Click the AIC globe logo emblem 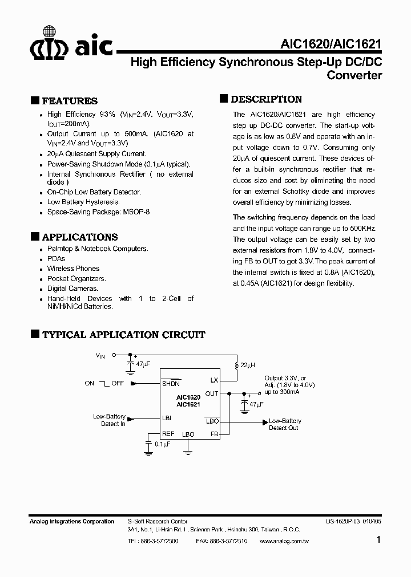tap(51, 42)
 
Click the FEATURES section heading tap(70, 101)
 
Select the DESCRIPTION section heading tap(266, 99)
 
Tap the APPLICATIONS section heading tap(80, 237)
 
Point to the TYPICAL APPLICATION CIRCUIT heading tap(123, 335)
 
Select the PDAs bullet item tap(56, 258)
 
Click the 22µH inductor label tap(247, 364)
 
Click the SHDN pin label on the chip tap(171, 384)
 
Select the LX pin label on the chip tap(214, 380)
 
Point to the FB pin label tap(214, 434)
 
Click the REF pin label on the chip tap(168, 434)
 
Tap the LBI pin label tap(167, 418)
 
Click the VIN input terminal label tap(100, 356)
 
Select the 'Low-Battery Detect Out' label tap(284, 425)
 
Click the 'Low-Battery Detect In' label tap(109, 420)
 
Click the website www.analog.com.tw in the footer tap(284, 541)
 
